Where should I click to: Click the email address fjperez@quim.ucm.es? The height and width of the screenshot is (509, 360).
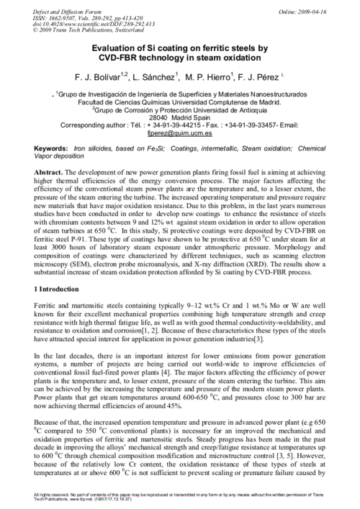(x=179, y=132)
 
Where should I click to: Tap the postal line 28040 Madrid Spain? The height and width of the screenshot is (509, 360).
(x=179, y=117)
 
